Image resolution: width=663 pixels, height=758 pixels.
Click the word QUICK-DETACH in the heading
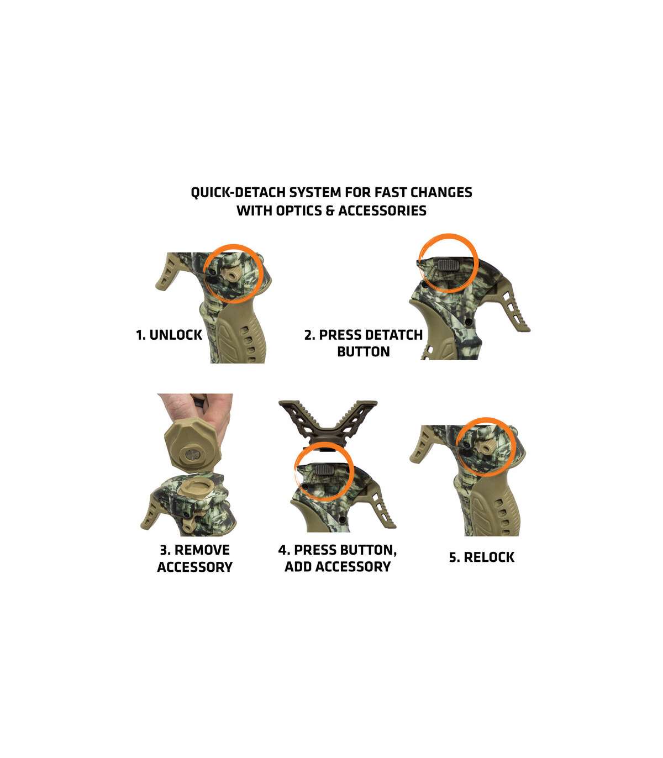point(238,193)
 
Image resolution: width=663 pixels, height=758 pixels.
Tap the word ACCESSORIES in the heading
point(382,211)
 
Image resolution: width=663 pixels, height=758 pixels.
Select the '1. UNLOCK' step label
point(169,335)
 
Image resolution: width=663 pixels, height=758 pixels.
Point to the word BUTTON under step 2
point(364,351)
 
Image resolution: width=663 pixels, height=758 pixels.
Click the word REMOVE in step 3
point(202,550)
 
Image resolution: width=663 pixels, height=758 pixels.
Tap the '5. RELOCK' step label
point(482,557)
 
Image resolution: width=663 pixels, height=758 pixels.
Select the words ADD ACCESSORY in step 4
point(338,567)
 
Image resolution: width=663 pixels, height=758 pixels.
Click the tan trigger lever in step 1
point(171,271)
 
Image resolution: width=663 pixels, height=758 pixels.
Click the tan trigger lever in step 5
point(425,445)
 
